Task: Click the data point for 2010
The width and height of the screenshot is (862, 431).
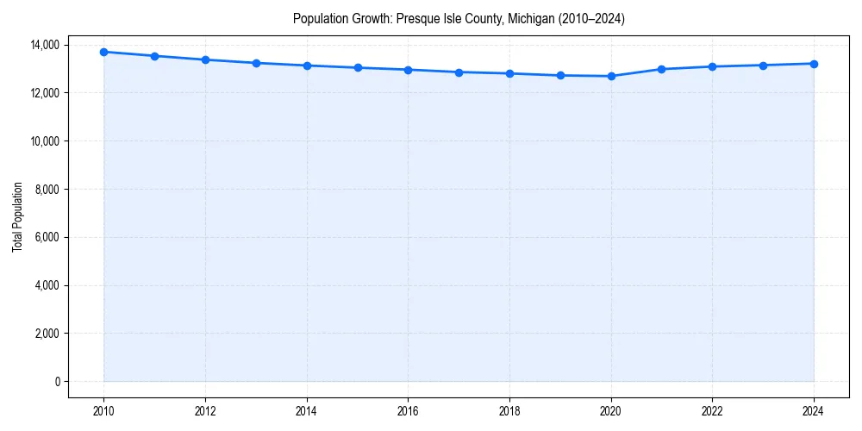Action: point(103,52)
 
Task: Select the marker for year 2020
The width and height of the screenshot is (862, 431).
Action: point(611,76)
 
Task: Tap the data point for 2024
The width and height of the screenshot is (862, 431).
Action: point(814,64)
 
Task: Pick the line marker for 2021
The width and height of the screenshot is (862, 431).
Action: point(661,69)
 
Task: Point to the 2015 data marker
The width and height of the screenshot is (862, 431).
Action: point(357,67)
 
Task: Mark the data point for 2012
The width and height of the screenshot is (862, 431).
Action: point(205,59)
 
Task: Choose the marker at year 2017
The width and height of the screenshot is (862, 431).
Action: point(459,72)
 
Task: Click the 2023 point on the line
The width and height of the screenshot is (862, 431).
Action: point(763,66)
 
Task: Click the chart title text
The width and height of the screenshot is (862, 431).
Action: point(459,18)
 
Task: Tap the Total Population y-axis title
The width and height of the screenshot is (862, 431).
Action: point(17,216)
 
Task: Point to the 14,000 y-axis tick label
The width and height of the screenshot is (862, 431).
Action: point(44,45)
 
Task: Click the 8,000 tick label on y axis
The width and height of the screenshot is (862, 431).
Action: point(47,189)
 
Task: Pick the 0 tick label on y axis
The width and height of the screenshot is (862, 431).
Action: point(56,382)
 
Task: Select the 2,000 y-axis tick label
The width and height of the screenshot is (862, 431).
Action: point(47,334)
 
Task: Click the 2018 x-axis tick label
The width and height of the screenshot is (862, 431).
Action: point(509,411)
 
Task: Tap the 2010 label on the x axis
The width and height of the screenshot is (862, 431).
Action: point(103,411)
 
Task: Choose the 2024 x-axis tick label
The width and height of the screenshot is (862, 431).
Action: point(814,411)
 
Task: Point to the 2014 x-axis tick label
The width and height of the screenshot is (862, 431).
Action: point(306,411)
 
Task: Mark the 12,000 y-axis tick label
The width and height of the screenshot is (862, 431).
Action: point(44,93)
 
